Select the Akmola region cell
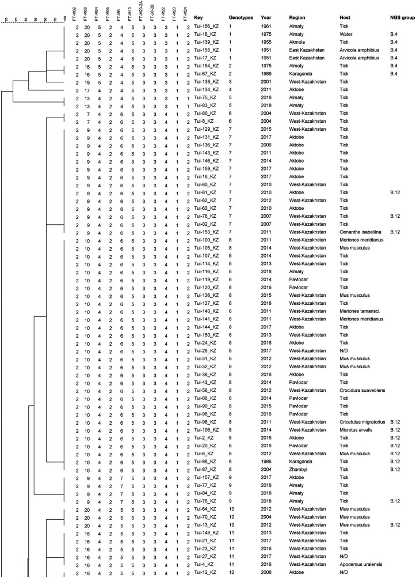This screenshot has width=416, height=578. click(299, 43)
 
